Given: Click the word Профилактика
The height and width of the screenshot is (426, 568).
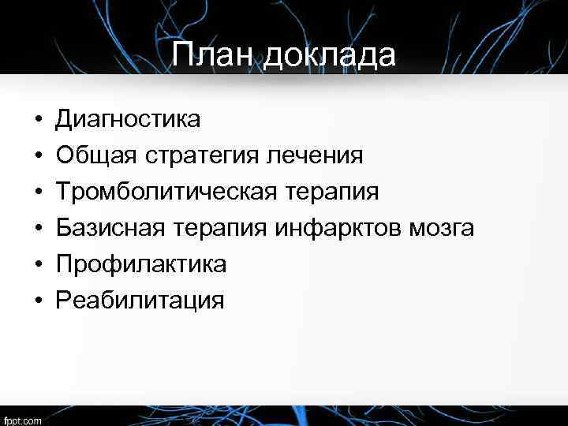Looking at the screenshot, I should pos(140,264).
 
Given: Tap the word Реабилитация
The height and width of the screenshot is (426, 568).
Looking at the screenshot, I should pos(139,301).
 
